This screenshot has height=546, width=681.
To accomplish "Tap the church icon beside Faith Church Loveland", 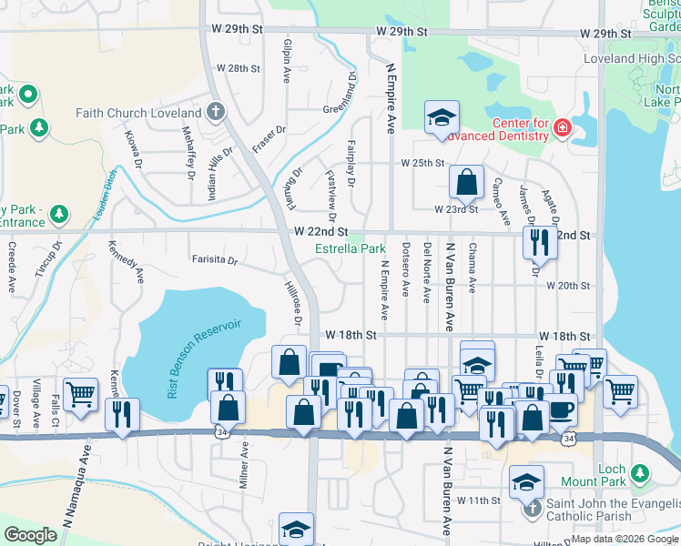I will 215,113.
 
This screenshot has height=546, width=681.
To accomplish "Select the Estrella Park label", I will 351,248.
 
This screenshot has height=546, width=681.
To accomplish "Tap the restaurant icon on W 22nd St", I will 540,240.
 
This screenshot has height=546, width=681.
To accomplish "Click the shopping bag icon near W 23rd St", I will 466,182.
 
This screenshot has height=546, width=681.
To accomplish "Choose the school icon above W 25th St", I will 442,117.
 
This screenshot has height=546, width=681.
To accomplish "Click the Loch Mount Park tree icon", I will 640,473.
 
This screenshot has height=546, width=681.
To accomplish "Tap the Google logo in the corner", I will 30,535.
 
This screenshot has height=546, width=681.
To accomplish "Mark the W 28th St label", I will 238,68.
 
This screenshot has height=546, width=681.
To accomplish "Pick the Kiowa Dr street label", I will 132,149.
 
